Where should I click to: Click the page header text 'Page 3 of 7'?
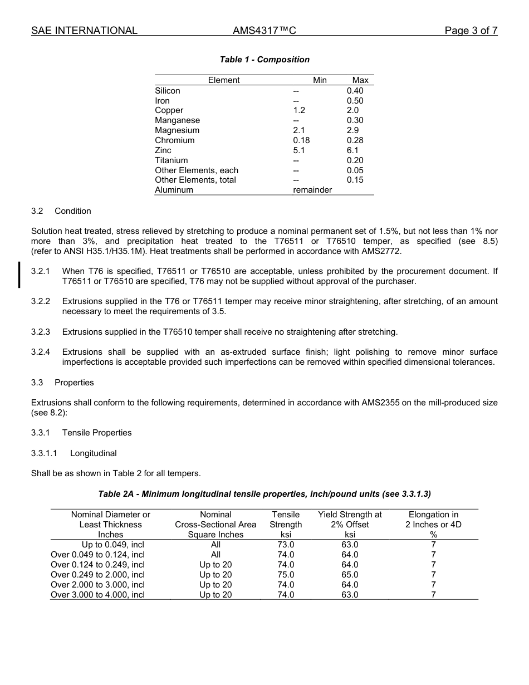pos(471,31)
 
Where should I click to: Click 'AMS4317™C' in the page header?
pos(264,31)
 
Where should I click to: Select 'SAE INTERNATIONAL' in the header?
pos(84,31)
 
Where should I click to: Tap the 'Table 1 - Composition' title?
pos(264,60)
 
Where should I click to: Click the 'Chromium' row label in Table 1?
pos(174,140)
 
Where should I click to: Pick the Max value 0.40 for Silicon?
pos(355,91)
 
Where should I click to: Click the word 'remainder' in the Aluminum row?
pos(312,190)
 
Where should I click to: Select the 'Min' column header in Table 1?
pos(320,80)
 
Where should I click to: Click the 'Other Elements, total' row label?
pos(195,180)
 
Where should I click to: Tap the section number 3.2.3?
pos(41,332)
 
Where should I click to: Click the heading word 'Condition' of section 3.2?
pos(72,211)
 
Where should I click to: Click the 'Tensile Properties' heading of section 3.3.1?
pos(97,433)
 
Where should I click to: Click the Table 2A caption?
pos(264,494)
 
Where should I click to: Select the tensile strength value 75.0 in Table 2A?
pos(286,575)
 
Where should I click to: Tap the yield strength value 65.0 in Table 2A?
pos(350,575)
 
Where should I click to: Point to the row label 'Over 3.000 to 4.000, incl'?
pos(97,595)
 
